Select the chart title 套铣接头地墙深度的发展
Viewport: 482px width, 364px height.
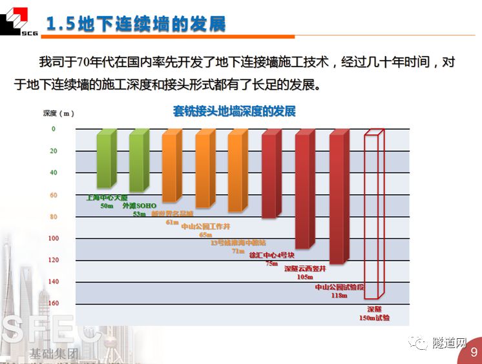click(x=234, y=111)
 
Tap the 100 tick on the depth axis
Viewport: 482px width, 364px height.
click(x=53, y=239)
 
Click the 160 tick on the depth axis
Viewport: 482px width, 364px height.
click(x=53, y=304)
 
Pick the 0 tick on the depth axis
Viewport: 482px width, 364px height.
click(x=53, y=129)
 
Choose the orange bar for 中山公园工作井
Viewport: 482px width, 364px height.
click(x=205, y=169)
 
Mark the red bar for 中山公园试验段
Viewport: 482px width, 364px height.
click(x=340, y=196)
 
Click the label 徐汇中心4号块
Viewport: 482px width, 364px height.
click(x=271, y=255)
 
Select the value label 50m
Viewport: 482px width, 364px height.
click(x=107, y=207)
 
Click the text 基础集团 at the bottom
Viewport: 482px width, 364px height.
click(x=54, y=354)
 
